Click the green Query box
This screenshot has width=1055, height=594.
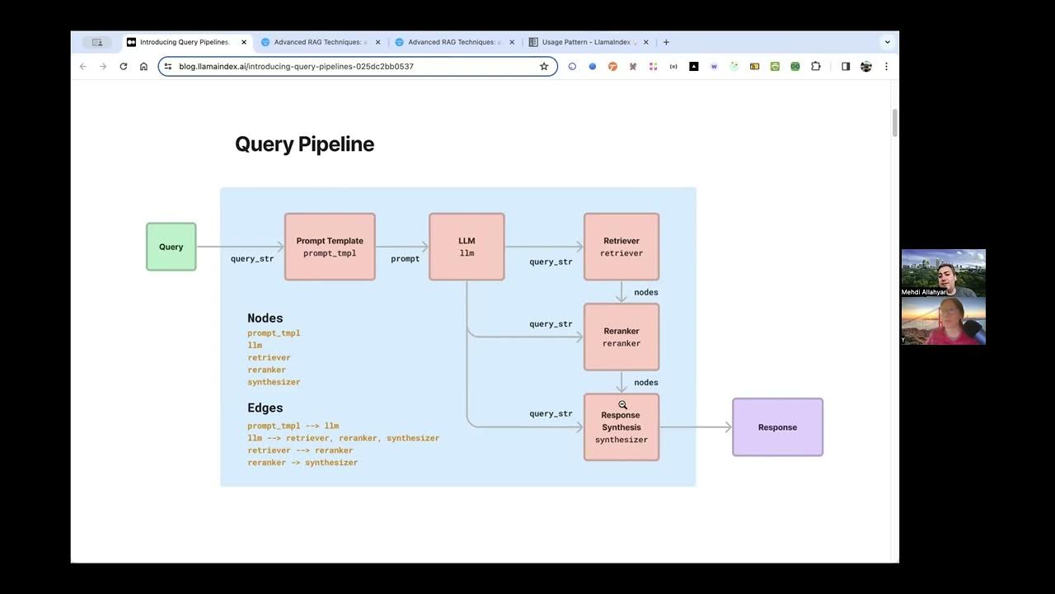[x=171, y=247]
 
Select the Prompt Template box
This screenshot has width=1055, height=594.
[x=330, y=247]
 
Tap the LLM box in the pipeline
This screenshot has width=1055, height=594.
[x=467, y=247]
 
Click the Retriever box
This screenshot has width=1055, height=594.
[x=621, y=247]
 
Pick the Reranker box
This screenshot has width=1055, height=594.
[x=621, y=337]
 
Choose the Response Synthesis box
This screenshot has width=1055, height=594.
[x=621, y=427]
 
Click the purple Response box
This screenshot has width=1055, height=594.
[x=777, y=427]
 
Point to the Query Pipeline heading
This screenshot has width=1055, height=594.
[x=304, y=144]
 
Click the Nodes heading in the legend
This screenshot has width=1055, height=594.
[x=265, y=318]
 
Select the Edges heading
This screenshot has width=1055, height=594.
[x=265, y=408]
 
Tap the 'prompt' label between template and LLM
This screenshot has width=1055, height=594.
[x=405, y=259]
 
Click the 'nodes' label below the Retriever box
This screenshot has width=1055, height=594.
[x=645, y=292]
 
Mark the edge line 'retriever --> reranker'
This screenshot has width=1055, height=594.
[x=300, y=450]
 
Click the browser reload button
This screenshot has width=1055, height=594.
[x=124, y=66]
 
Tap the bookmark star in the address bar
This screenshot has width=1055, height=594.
[x=544, y=66]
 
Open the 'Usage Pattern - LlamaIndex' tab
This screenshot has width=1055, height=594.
[x=588, y=42]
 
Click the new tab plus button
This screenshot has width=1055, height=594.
[x=666, y=42]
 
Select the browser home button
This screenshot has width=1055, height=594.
[x=143, y=66]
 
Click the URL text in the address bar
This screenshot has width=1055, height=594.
[x=296, y=66]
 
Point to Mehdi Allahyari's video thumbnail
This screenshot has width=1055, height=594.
[x=943, y=272]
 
